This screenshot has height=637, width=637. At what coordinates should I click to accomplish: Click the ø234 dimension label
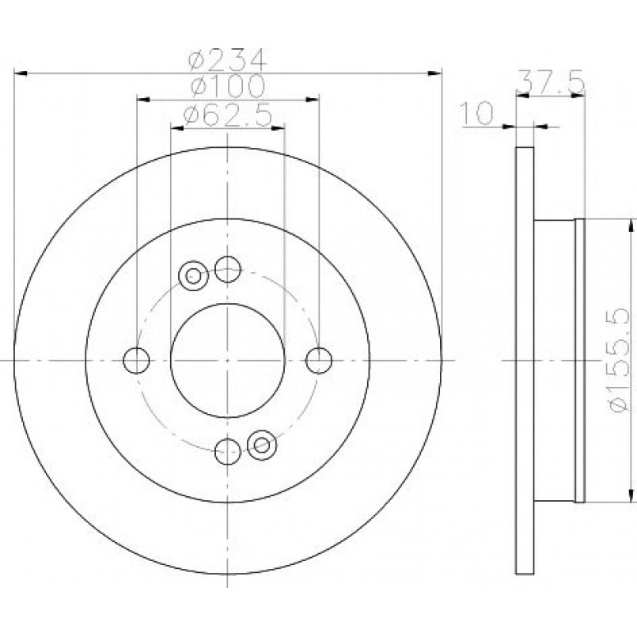point(228,59)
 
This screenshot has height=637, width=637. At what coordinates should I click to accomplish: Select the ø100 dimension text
point(228,85)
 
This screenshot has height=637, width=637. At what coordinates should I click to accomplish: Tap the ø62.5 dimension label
point(227,115)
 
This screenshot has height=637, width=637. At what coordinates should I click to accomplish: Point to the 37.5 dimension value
point(551,82)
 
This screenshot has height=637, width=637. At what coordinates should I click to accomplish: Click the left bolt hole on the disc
point(136,360)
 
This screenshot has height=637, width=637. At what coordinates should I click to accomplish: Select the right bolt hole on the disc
point(319,360)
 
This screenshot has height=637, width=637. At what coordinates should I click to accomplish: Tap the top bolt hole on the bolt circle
point(228,269)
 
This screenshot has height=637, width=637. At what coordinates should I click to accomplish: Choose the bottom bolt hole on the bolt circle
point(228,451)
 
